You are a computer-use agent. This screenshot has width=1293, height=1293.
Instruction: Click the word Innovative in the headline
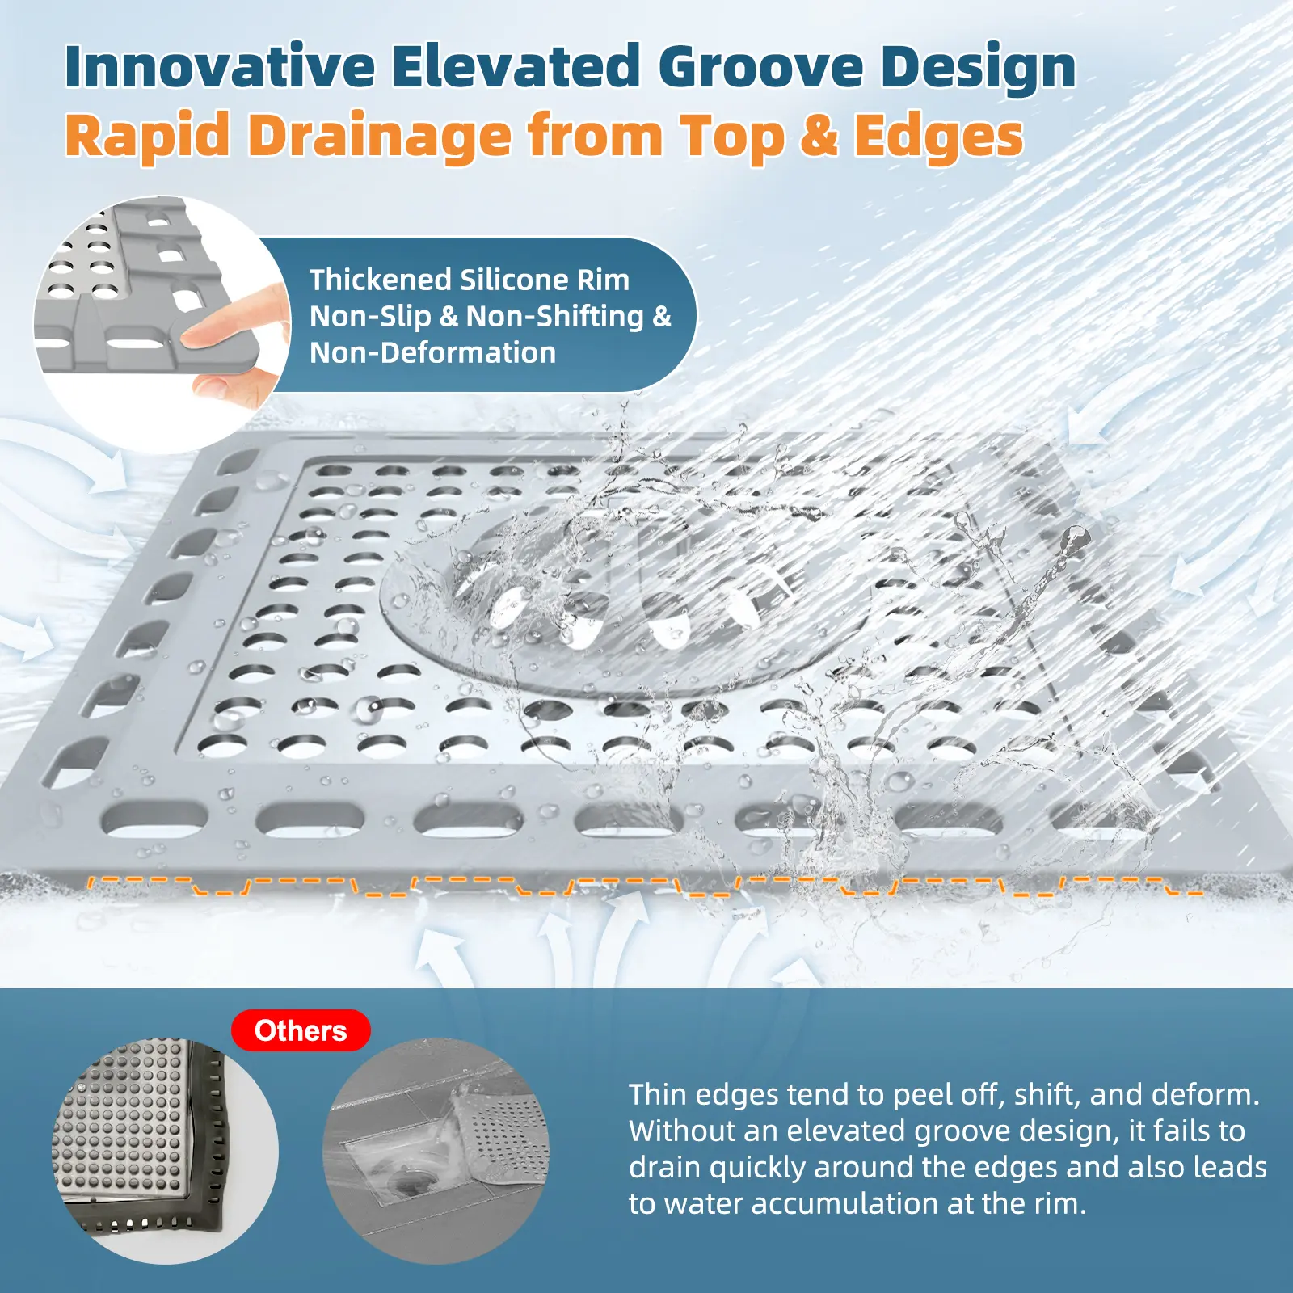(220, 66)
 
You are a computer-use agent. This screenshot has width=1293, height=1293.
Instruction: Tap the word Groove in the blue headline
(761, 66)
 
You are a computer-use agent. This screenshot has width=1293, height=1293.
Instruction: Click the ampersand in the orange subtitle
(819, 135)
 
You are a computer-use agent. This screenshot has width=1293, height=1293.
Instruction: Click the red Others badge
(301, 1031)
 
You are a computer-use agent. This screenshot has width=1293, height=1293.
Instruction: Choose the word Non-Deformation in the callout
(433, 353)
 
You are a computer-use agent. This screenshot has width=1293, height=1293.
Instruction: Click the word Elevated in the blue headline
(516, 66)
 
